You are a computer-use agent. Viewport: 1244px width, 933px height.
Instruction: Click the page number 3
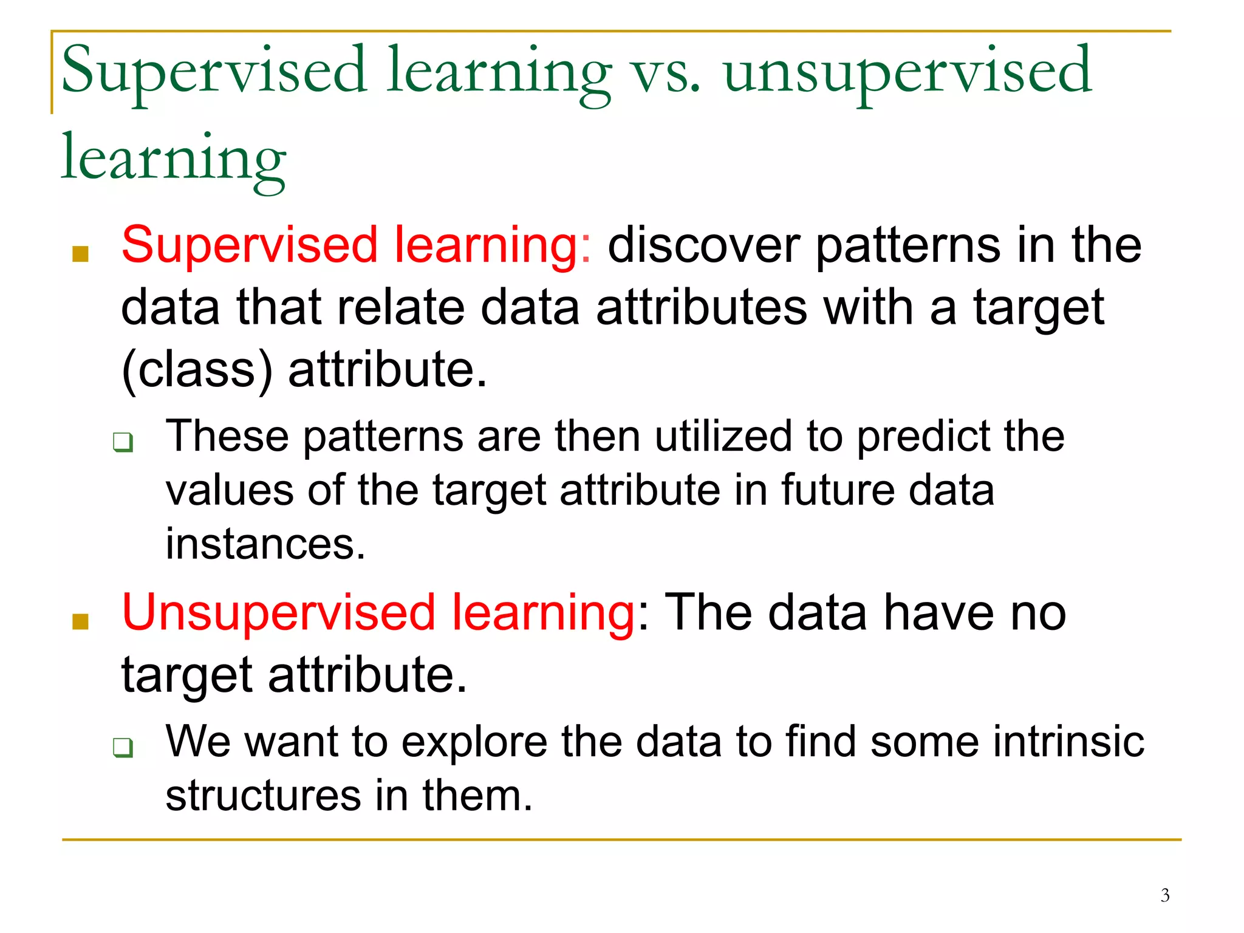(x=1164, y=895)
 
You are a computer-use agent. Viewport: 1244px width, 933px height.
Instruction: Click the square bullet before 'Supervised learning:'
(x=80, y=253)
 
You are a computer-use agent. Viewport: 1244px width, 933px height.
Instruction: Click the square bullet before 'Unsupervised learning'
(x=80, y=621)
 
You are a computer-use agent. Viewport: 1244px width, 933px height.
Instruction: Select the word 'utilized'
(x=723, y=437)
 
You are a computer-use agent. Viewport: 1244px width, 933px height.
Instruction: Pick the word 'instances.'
(x=265, y=544)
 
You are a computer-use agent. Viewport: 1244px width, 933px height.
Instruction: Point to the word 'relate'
(x=401, y=308)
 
